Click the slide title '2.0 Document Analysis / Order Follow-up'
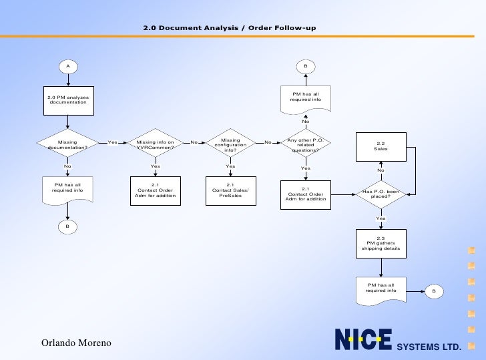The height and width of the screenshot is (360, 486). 230,28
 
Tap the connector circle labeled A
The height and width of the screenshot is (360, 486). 67,66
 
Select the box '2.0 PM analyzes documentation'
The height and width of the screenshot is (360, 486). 67,100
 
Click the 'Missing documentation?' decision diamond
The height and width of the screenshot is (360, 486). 67,144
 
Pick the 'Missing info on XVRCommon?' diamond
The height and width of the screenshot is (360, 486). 155,144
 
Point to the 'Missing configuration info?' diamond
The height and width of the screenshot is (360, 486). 230,145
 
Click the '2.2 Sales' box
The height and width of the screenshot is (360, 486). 381,146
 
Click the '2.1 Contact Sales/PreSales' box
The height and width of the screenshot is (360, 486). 230,190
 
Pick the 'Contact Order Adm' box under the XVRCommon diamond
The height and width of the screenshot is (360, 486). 155,190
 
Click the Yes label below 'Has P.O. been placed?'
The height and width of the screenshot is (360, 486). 381,218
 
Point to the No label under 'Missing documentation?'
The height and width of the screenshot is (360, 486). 67,166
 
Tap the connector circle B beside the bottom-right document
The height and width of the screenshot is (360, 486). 433,291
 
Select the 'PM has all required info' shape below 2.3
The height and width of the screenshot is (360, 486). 381,289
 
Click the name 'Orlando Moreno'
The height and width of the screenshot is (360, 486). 77,343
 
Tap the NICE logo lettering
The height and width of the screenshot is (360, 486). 362,341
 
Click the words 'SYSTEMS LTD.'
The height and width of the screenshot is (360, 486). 429,347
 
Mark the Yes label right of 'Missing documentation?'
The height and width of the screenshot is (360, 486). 112,142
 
